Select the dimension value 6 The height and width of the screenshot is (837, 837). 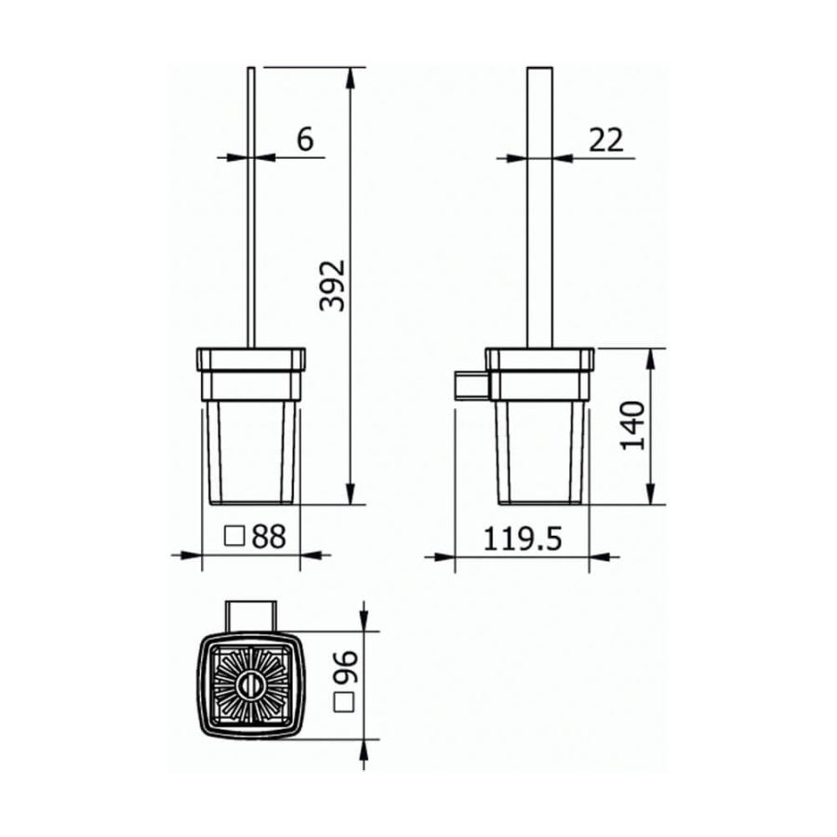305,139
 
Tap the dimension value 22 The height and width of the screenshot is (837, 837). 605,139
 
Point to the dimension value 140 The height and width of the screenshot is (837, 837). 633,426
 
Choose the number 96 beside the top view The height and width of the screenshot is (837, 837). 345,666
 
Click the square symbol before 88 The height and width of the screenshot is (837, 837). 235,536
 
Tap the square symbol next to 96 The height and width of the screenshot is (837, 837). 345,704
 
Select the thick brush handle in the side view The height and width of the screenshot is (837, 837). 539,205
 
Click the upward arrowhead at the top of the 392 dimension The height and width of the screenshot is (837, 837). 351,74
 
